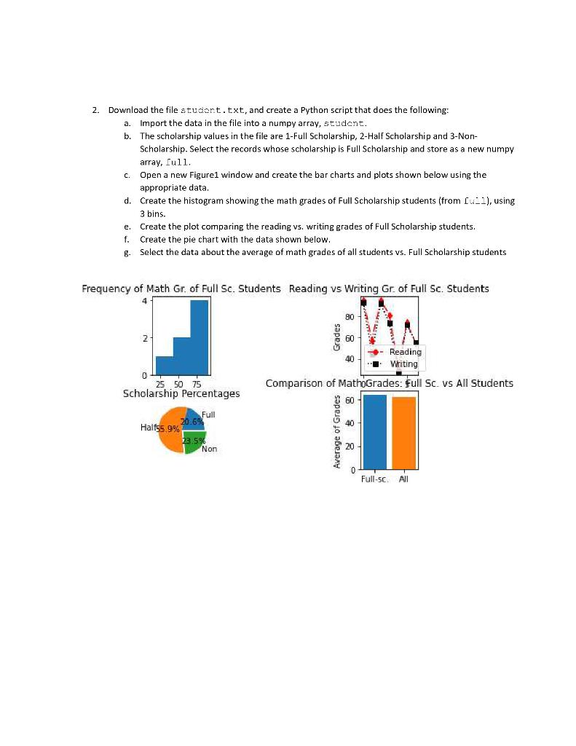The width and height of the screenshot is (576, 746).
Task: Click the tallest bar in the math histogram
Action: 200,337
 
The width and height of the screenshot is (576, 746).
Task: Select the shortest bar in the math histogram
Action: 164,366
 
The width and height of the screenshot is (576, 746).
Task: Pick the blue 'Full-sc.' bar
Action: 375,432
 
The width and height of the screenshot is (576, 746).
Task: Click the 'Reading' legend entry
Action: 405,352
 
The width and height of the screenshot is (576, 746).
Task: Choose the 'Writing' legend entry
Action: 403,364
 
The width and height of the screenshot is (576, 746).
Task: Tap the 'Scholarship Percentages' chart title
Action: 181,393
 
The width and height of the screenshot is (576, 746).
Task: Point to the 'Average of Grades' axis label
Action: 337,433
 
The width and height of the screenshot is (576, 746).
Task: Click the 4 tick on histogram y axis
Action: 145,301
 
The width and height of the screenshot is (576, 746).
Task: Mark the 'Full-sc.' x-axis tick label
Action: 374,479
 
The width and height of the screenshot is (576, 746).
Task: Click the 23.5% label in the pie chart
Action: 194,441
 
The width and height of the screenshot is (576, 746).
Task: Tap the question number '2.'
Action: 96,110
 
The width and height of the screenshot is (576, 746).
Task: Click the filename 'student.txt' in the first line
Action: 213,110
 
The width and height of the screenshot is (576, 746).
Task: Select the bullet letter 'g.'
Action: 127,252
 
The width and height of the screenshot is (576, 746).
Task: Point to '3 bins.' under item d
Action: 153,213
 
